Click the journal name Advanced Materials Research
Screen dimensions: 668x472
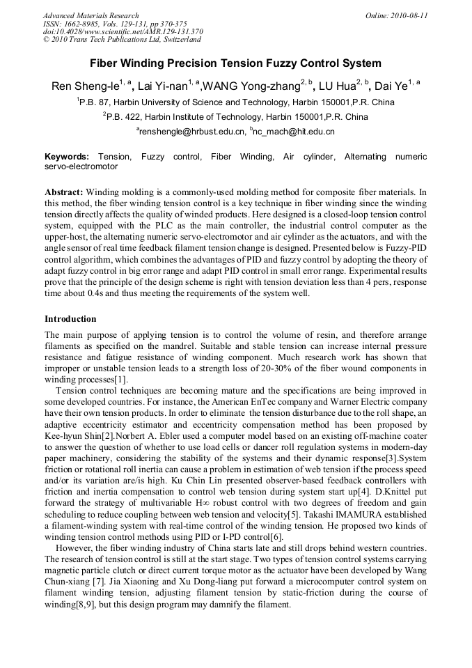[91, 15]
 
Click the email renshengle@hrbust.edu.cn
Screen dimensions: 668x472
[192, 131]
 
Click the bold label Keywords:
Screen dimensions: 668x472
[67, 157]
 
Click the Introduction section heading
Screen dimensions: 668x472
[70, 319]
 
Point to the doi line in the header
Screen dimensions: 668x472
[123, 31]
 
